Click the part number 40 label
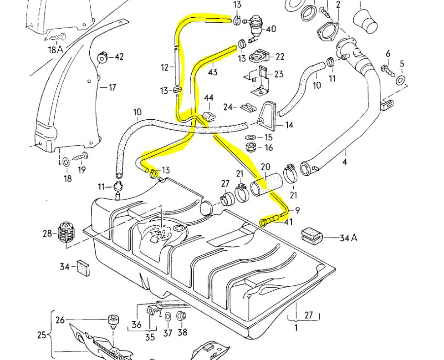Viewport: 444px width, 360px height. coord(271,29)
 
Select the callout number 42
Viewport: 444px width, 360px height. coord(119,57)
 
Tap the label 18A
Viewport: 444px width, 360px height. coord(56,49)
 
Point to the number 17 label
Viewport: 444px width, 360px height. coord(112,87)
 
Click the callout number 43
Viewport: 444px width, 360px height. coord(213,72)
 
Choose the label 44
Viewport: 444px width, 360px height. coord(209,98)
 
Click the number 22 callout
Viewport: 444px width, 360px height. coord(280,56)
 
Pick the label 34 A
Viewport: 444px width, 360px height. coord(348,238)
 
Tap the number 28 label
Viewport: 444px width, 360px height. coord(48,233)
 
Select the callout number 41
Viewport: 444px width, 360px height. coord(289,222)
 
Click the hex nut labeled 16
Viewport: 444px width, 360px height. coord(250,147)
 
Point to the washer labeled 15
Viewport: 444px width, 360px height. coord(250,137)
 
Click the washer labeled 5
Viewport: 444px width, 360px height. coord(401,81)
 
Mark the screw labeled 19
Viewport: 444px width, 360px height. coord(82,157)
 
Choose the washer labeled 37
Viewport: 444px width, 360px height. coord(168,317)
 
